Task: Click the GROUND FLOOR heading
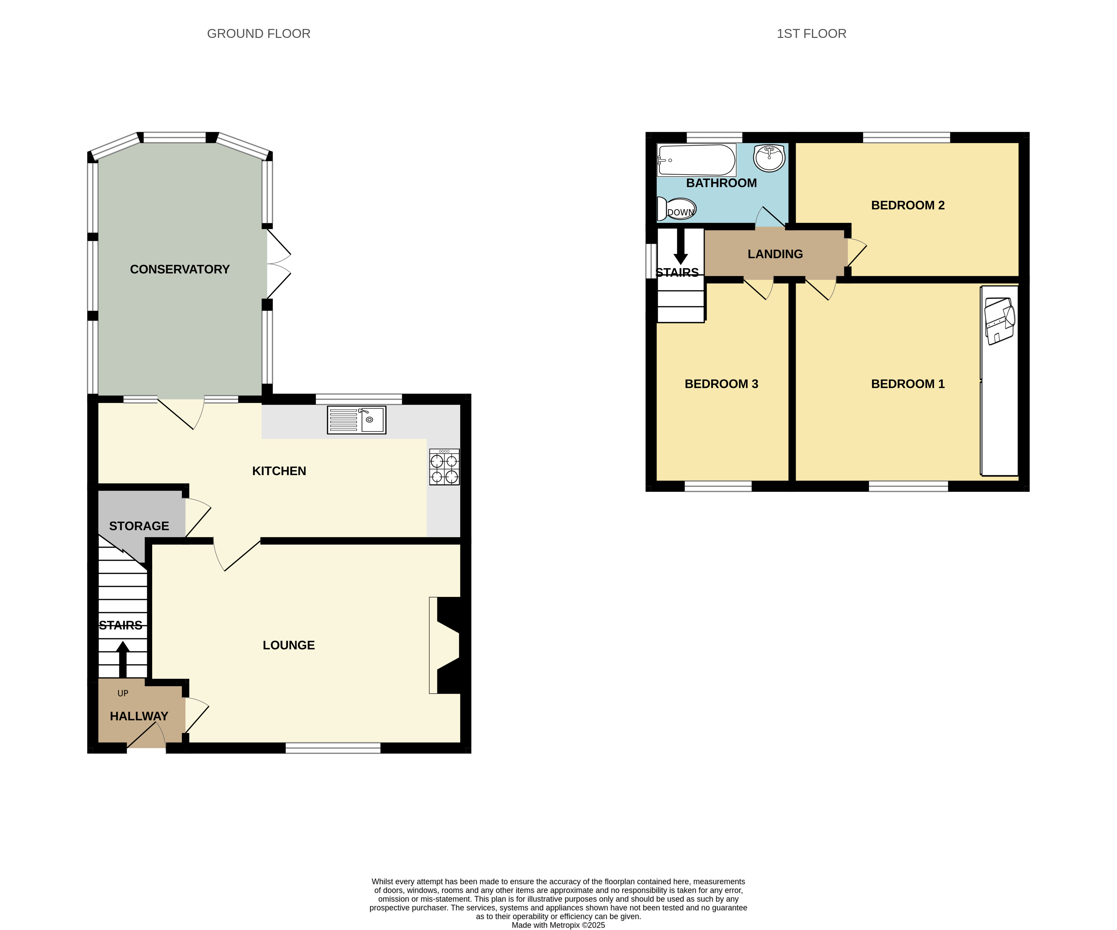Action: click(259, 33)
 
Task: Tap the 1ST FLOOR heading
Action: click(811, 33)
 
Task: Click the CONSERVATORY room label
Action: click(180, 269)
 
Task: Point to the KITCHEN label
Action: click(279, 471)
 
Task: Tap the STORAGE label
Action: click(139, 526)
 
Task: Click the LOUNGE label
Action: click(289, 645)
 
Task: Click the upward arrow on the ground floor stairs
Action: click(123, 659)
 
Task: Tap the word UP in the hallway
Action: click(123, 693)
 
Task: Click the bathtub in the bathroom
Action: click(697, 160)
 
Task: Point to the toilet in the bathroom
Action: click(676, 209)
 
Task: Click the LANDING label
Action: click(775, 254)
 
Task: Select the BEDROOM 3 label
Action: click(721, 384)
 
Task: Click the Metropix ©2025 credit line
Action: click(559, 925)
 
